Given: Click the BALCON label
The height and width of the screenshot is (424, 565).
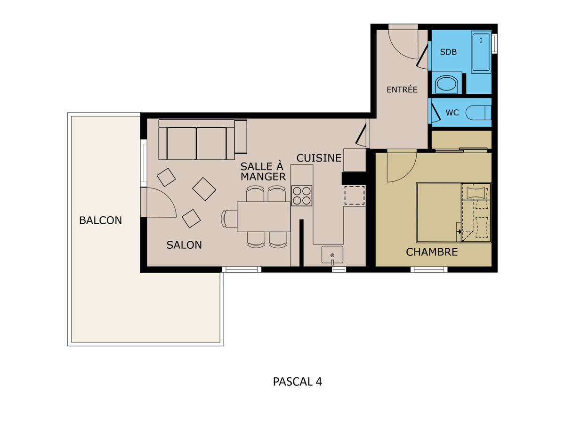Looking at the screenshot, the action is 100,220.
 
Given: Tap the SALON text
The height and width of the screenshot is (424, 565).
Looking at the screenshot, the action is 184,245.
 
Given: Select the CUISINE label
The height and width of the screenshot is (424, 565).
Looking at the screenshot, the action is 319,158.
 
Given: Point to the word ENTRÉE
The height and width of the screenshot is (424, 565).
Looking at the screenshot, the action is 402,90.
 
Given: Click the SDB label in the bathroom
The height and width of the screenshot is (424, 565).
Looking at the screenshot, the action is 448,52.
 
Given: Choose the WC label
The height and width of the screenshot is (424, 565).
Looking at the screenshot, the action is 452,113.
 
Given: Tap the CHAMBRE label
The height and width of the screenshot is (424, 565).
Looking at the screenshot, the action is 432,252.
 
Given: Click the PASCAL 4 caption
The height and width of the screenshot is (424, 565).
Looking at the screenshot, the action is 297,382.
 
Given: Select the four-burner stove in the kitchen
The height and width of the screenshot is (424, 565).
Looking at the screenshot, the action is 302,196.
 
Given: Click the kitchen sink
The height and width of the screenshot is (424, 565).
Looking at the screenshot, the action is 332,254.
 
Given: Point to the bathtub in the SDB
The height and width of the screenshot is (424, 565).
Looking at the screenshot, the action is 481,52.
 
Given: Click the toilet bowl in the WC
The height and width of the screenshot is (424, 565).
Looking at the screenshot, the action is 478,113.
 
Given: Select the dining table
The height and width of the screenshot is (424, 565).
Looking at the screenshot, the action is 264,217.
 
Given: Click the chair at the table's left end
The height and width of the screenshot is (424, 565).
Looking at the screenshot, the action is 229,219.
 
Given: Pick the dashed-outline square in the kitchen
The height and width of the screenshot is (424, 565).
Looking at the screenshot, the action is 355,196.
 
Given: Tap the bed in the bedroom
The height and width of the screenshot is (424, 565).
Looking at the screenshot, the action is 453,212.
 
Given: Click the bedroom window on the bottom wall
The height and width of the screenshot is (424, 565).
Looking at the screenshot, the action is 429,269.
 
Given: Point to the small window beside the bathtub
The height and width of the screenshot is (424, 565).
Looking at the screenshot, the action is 494,43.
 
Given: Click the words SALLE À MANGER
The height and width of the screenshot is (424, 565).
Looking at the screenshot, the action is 263,171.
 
